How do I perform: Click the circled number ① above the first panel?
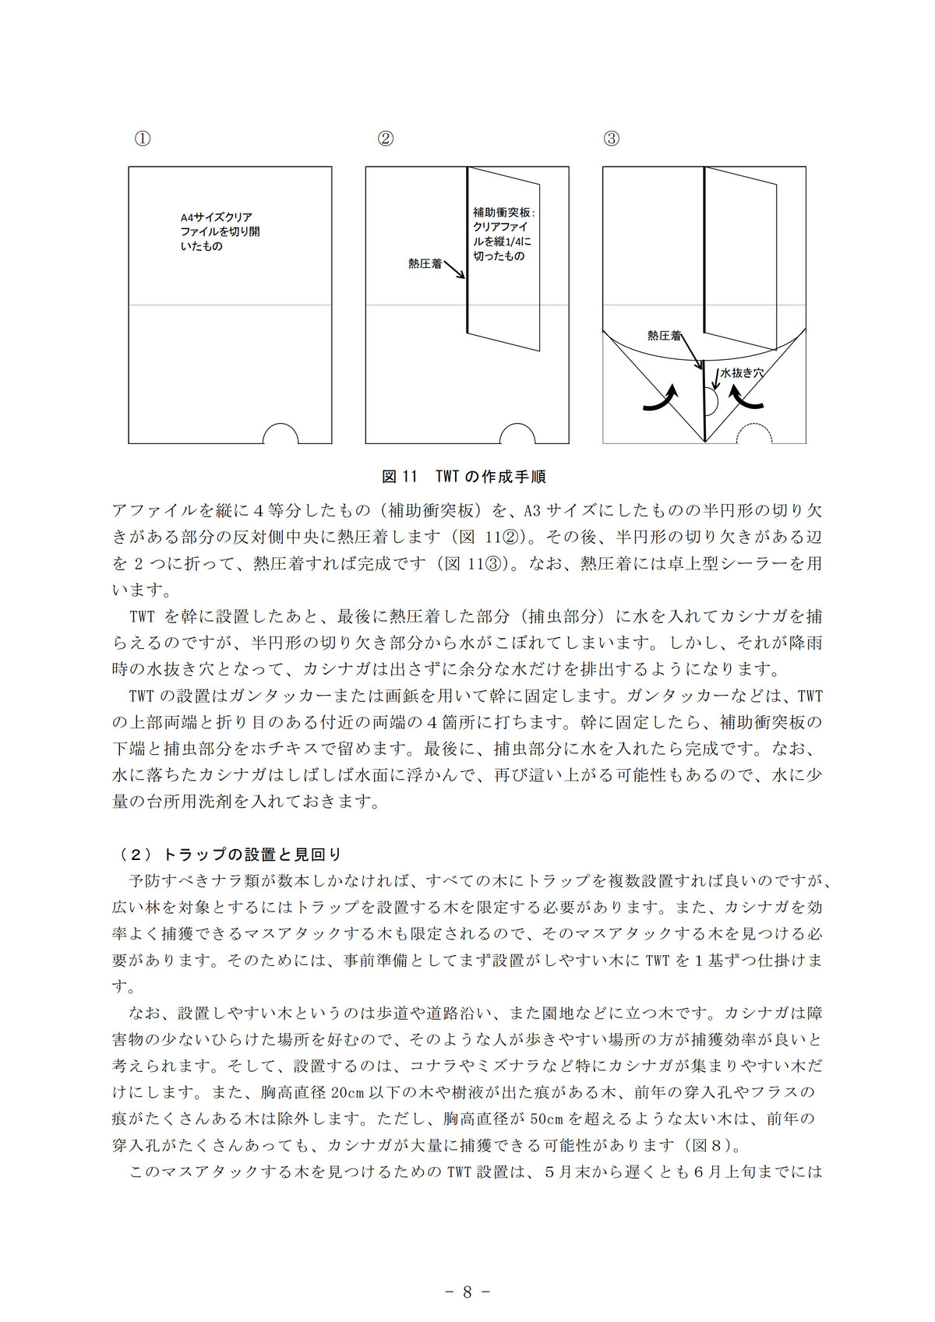coord(143,139)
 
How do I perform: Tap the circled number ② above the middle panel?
coord(386,139)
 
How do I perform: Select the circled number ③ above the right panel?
coord(612,139)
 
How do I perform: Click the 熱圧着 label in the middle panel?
coord(425,264)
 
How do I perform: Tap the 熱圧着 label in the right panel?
coord(664,336)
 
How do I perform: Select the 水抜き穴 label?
coord(741,373)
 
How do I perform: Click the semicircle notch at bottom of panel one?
coord(280,434)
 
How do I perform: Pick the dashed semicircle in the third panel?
coord(754,434)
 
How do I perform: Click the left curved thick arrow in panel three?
coord(661,397)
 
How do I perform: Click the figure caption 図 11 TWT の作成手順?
coord(464,477)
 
